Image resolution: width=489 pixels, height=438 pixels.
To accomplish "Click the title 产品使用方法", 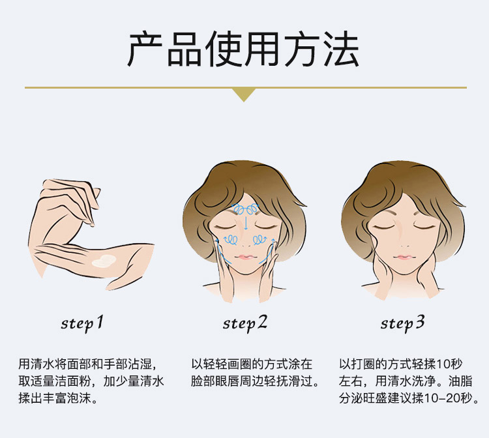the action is [244, 50].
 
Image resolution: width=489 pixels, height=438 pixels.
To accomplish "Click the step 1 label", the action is [82, 323].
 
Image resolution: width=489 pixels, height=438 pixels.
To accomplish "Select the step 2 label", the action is [245, 323].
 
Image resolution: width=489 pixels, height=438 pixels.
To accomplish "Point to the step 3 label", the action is [402, 323].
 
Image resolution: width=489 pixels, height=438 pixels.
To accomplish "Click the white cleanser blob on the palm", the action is [104, 261].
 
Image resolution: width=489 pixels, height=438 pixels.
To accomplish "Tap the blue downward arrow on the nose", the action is [246, 222].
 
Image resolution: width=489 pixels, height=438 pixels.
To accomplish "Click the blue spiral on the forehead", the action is [246, 208].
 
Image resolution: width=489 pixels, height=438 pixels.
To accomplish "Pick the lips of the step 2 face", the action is [245, 257].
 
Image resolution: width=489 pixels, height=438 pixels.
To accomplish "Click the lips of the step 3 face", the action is [403, 257].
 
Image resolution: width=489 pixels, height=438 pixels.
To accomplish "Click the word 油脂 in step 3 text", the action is [460, 381].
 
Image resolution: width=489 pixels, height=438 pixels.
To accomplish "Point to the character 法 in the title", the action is [341, 50].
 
